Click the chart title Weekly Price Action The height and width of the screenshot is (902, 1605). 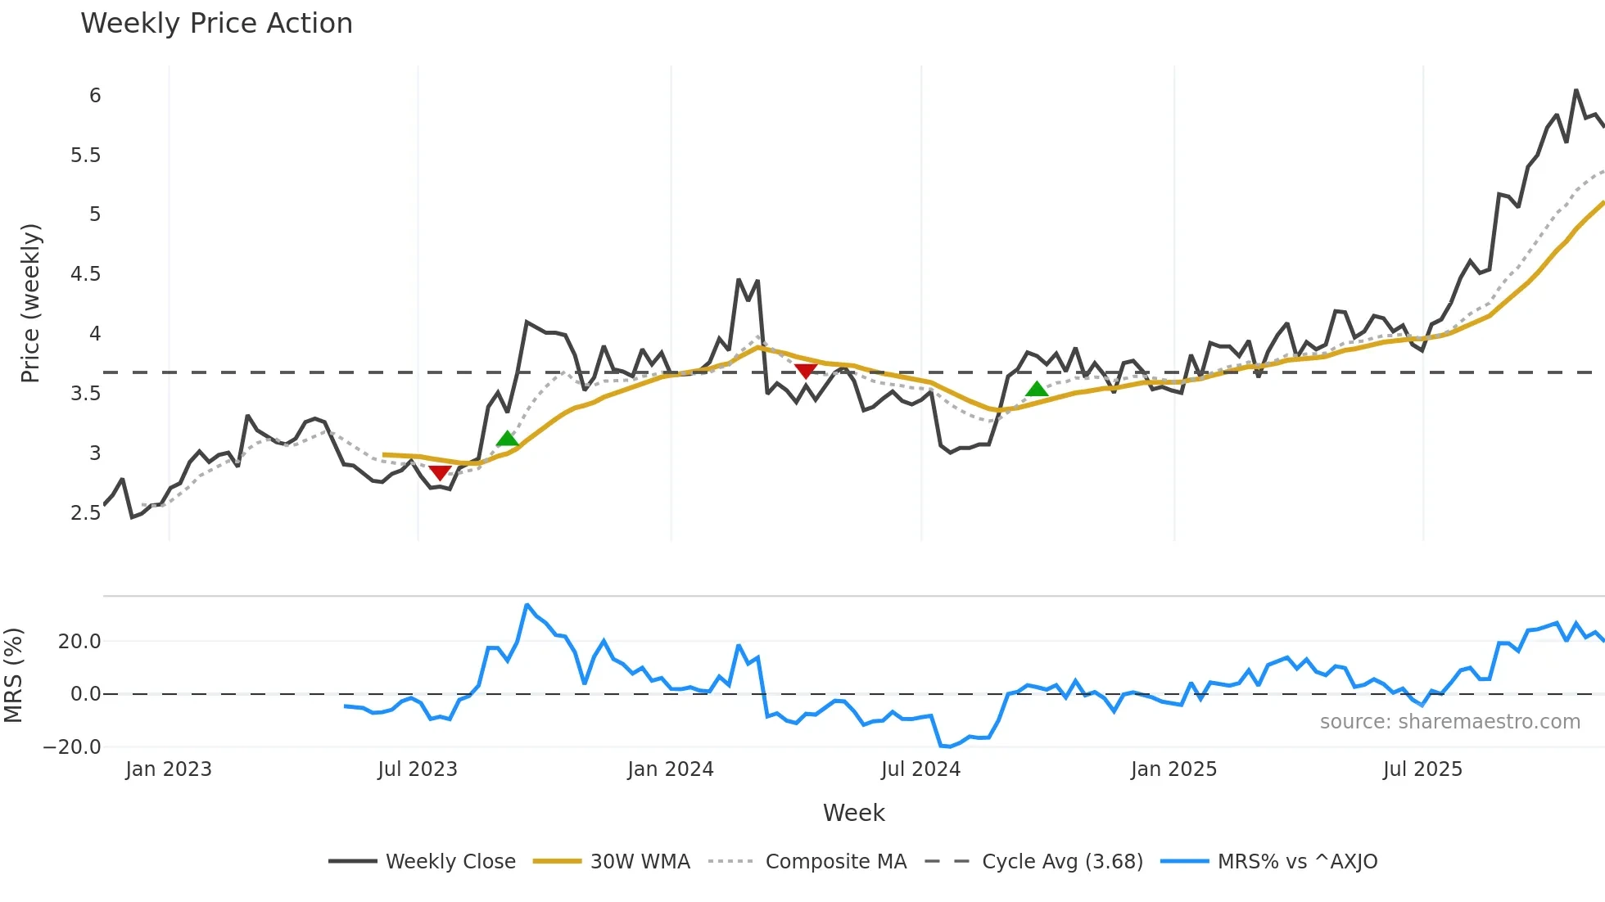tap(216, 24)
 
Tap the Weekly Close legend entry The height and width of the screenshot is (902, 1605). tap(450, 862)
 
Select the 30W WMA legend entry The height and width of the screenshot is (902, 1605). tap(640, 862)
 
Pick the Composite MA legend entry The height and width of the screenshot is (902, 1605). tap(835, 862)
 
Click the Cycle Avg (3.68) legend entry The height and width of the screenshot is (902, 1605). tap(1062, 862)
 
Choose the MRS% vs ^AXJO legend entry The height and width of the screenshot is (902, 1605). tap(1297, 862)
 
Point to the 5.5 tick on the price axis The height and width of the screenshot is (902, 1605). tap(85, 156)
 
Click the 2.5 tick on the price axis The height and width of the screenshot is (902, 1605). tap(85, 513)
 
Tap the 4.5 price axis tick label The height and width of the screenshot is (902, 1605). tap(85, 274)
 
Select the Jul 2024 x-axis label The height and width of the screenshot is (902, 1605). tap(920, 769)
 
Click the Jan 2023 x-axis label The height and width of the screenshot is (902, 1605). tap(169, 769)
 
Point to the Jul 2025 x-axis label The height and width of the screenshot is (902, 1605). tap(1422, 769)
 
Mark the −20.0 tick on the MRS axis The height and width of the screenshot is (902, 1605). tap(72, 746)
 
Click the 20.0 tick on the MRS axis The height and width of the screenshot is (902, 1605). tap(79, 642)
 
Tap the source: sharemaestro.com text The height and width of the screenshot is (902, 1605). tap(1449, 722)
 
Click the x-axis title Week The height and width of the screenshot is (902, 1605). tap(853, 813)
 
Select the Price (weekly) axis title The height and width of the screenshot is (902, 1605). tap(30, 303)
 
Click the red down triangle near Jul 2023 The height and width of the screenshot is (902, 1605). tap(440, 473)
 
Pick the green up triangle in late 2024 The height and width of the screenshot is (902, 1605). tap(1037, 390)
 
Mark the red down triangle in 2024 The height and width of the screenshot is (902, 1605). tap(806, 371)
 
